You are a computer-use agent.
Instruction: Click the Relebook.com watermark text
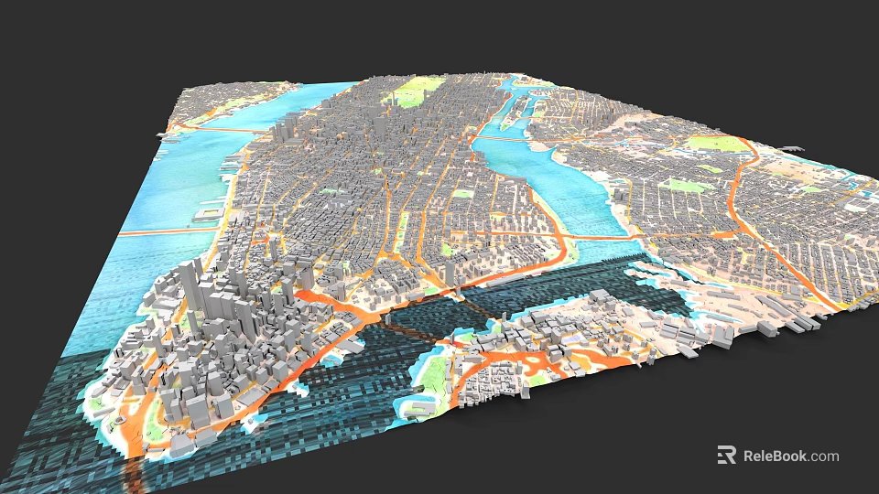[790, 456]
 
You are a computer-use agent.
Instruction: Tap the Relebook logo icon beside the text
[726, 455]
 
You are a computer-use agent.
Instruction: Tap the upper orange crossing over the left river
[215, 131]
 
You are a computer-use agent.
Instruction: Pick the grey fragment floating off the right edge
[793, 147]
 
